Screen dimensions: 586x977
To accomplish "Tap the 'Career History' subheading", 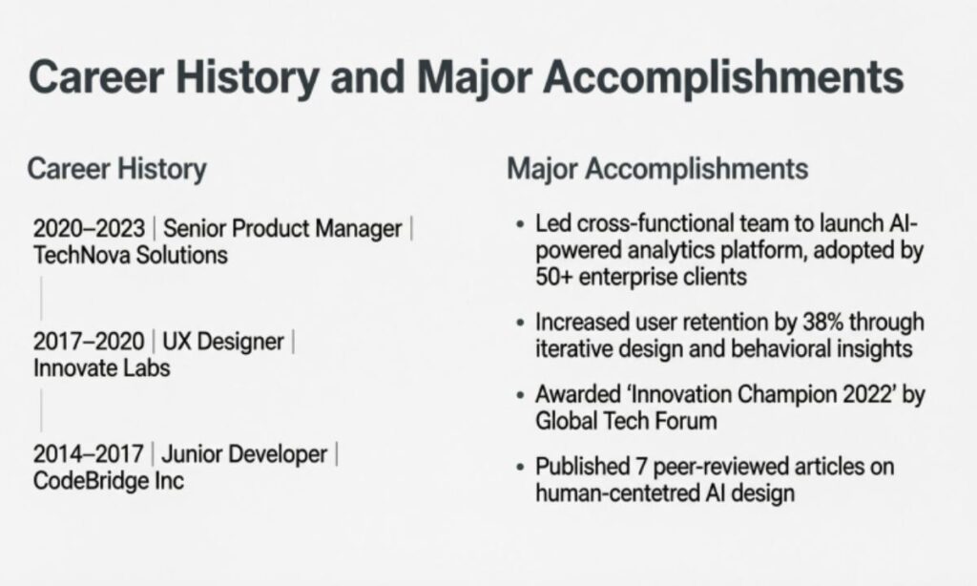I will tap(116, 170).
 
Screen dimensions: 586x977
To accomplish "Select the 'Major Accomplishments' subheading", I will tap(657, 170).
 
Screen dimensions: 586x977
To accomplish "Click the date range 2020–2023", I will tap(89, 230).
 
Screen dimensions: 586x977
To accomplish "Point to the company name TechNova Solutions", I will tap(131, 255).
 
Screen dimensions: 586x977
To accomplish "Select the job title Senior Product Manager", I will tap(283, 230).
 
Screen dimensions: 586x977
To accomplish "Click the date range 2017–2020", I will tap(89, 342).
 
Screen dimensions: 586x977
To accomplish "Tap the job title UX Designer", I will tap(223, 342).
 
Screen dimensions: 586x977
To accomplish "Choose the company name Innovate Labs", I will tap(102, 366).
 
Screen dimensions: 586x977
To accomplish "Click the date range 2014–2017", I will tap(89, 454).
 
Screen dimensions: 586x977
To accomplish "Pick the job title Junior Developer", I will tap(246, 454).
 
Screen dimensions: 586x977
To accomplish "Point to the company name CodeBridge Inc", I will tap(109, 479).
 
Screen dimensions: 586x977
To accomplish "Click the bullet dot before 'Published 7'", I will tap(519, 469).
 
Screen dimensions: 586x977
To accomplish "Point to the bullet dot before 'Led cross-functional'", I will tap(519, 228).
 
